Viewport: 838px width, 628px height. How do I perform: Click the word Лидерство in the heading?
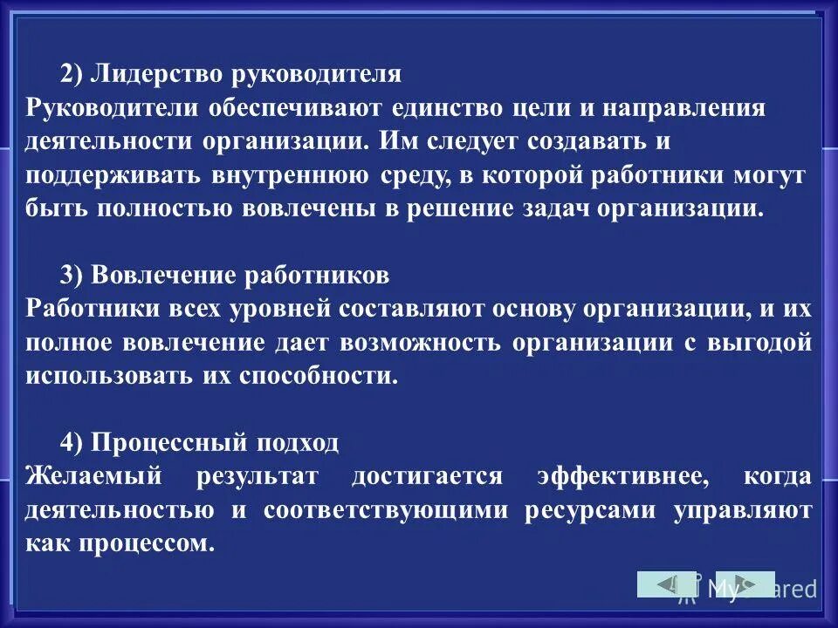152,74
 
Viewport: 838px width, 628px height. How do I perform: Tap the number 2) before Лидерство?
72,74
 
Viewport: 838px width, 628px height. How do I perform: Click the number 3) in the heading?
72,276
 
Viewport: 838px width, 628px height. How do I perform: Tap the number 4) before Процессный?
72,443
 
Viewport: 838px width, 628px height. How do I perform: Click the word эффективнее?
619,477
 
